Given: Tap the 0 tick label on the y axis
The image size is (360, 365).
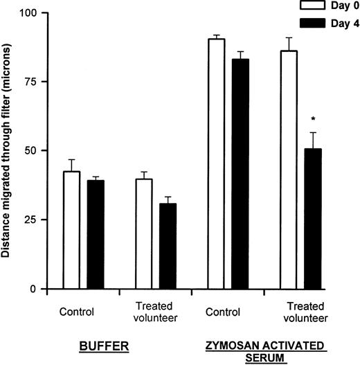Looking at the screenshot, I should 35,289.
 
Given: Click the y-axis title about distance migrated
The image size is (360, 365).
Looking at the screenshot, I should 8,151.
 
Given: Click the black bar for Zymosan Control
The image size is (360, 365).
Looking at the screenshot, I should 240,174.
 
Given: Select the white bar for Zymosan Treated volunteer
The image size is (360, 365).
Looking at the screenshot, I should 289,170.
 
